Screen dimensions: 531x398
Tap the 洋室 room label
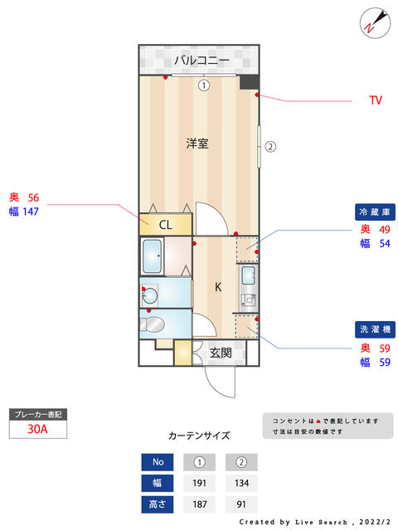click(197, 143)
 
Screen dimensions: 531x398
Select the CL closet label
click(166, 224)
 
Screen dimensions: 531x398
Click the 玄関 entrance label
click(221, 353)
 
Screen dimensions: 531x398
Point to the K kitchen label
click(218, 288)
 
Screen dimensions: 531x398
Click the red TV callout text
click(376, 101)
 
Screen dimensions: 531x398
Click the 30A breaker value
click(36, 429)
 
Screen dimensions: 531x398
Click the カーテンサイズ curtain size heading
click(199, 435)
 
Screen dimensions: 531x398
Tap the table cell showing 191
click(200, 483)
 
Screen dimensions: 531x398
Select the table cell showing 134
click(242, 483)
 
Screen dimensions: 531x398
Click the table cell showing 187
click(200, 504)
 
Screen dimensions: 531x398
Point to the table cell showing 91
click(242, 504)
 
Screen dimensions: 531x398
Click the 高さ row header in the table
click(158, 504)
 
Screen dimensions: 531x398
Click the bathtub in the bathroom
click(152, 256)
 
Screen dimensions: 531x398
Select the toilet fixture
click(155, 324)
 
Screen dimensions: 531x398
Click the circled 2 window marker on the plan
click(269, 148)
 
